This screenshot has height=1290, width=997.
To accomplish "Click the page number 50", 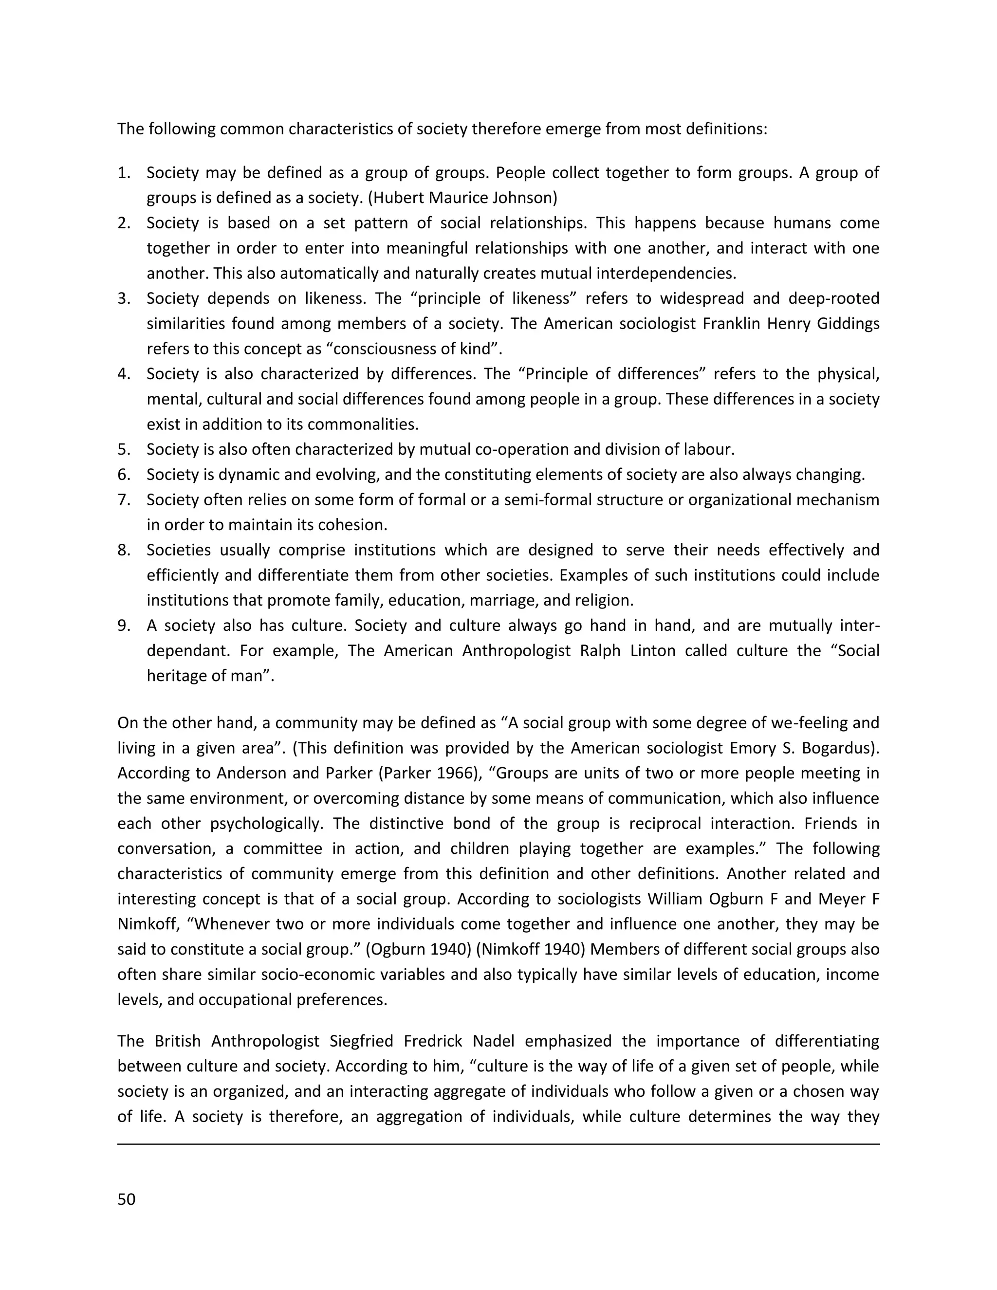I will pyautogui.click(x=127, y=1199).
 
